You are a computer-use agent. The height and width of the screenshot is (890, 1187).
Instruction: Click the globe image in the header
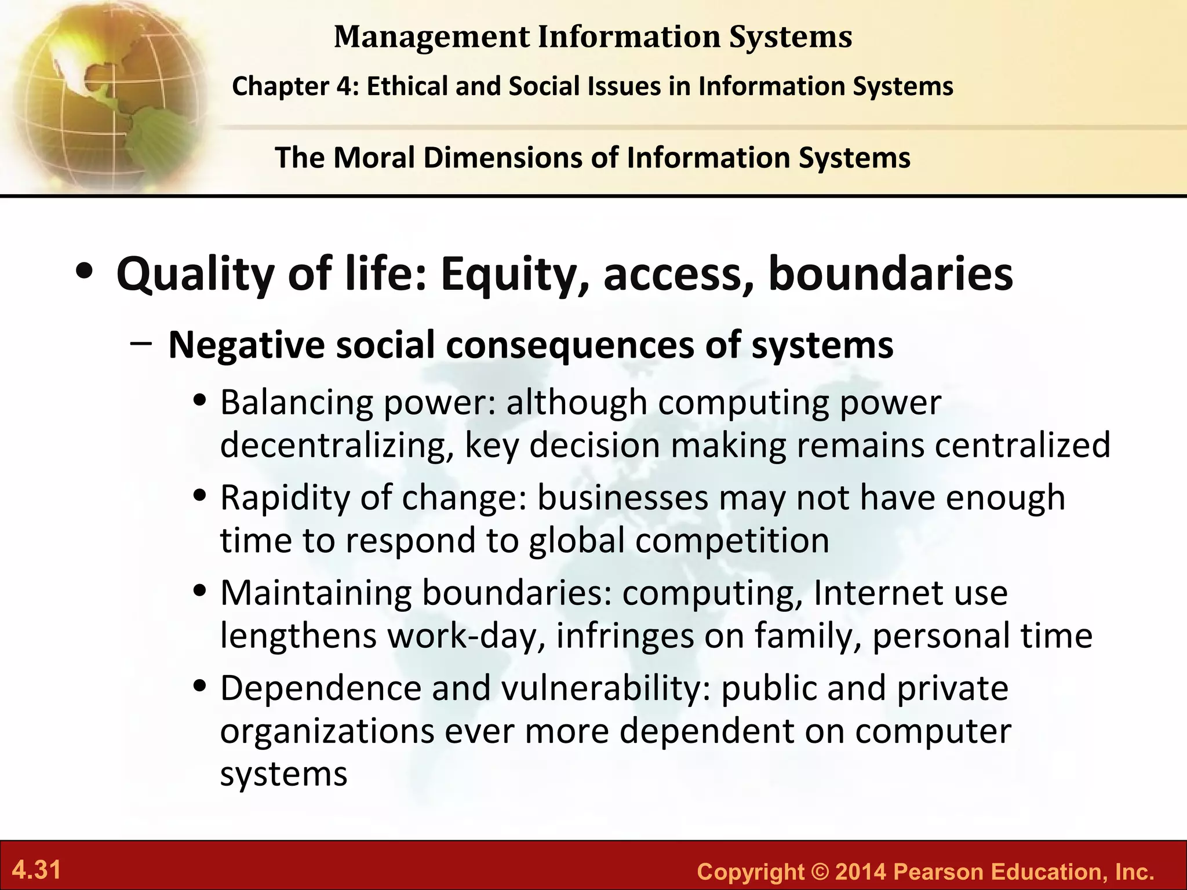click(x=104, y=93)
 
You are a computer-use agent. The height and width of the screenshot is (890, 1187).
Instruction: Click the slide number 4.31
click(x=37, y=870)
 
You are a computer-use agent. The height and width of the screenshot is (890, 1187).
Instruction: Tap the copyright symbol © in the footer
click(x=820, y=871)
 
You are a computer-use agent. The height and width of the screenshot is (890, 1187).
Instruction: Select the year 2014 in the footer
click(x=861, y=871)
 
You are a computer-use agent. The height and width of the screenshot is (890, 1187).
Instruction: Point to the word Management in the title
click(x=432, y=37)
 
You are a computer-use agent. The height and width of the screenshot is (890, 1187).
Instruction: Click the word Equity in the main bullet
click(x=515, y=275)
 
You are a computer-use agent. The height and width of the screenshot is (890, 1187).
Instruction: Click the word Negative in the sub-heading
click(x=246, y=345)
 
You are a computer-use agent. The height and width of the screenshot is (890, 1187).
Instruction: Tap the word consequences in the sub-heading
click(x=570, y=345)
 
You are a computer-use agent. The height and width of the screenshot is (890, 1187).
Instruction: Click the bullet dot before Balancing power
click(x=201, y=401)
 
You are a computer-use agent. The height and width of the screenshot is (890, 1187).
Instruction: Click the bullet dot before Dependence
click(x=201, y=687)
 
